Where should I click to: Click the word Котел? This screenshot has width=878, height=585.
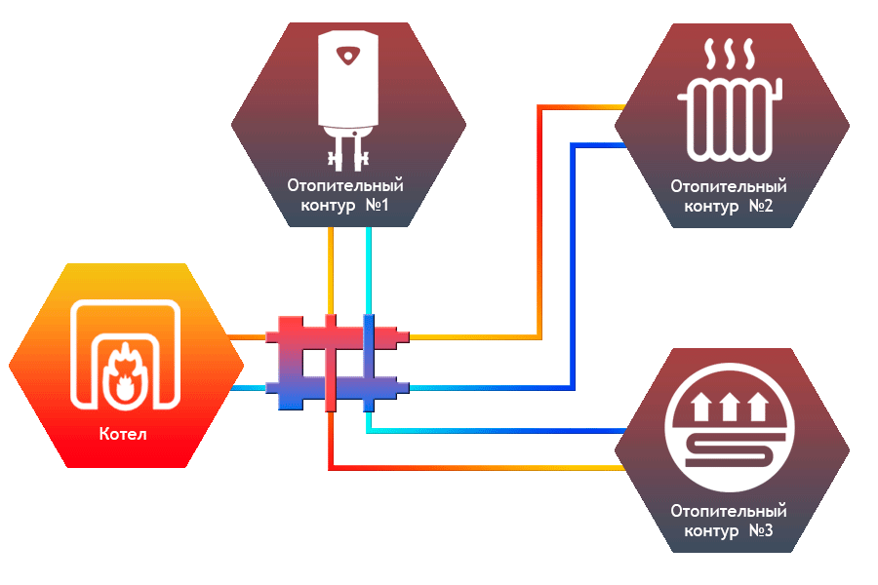[x=123, y=434]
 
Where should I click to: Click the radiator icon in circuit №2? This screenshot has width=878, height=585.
[x=731, y=117]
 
